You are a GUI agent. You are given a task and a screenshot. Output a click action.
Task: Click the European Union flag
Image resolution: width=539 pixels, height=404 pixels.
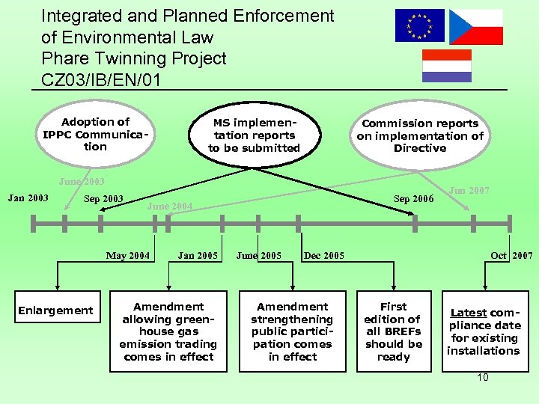[x=419, y=25]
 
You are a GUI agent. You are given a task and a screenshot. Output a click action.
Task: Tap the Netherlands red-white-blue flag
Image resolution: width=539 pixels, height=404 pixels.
[x=447, y=65]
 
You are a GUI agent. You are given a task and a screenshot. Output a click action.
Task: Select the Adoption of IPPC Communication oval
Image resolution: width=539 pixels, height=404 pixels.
[x=95, y=135]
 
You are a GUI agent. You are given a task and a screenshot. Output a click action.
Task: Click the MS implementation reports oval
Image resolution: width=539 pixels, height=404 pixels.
[x=254, y=135]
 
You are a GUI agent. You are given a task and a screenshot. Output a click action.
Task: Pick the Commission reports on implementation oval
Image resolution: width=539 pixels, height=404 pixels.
[x=420, y=135]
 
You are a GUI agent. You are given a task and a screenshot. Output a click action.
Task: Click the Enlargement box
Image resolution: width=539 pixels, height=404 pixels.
[x=55, y=310]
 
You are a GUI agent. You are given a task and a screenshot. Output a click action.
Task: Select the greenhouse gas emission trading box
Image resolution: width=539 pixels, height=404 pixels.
[x=168, y=331]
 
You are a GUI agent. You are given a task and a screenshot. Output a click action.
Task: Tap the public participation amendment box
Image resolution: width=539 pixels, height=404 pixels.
[x=293, y=331]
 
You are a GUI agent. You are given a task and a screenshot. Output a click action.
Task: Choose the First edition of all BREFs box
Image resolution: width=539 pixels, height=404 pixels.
[x=394, y=331]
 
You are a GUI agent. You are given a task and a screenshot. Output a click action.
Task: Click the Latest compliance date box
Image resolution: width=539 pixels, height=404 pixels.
[x=484, y=331]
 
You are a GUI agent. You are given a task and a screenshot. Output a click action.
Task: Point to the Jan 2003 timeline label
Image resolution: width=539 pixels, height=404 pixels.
[x=28, y=198]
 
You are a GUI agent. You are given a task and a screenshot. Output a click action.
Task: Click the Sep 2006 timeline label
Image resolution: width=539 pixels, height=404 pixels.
[x=413, y=199]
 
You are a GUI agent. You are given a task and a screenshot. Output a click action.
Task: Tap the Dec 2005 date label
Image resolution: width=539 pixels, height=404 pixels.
[x=324, y=256]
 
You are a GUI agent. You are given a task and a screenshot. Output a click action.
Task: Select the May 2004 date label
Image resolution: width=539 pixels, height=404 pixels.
[x=127, y=256]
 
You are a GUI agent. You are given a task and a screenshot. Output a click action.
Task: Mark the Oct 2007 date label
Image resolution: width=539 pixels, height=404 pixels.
[x=511, y=256]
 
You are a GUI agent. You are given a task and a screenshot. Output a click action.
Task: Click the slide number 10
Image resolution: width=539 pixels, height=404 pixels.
[x=483, y=377]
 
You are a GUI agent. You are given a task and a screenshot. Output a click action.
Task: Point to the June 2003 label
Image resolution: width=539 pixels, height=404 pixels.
[x=82, y=182]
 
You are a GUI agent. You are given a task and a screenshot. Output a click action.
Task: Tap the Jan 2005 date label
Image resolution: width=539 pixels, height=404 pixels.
[x=198, y=256]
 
